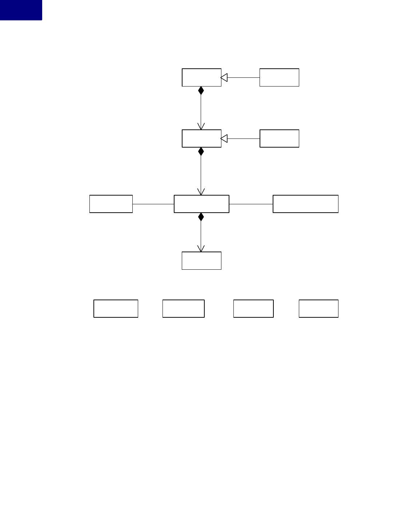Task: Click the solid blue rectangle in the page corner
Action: click(x=21, y=10)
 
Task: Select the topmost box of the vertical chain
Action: click(x=201, y=77)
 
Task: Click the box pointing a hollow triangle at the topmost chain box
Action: click(x=279, y=77)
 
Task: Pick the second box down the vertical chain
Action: click(x=201, y=138)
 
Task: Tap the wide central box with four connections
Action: click(x=201, y=204)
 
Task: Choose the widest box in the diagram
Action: click(x=305, y=204)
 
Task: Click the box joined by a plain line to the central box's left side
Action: click(x=111, y=204)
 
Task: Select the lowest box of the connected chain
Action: click(x=201, y=261)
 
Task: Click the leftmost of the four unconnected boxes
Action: click(x=116, y=309)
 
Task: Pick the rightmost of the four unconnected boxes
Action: click(x=318, y=309)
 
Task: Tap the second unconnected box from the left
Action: click(x=183, y=309)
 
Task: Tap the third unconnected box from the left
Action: click(x=253, y=309)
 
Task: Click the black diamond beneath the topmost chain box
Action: click(x=201, y=91)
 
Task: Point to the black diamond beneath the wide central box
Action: click(x=201, y=217)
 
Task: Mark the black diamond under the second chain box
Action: click(x=201, y=152)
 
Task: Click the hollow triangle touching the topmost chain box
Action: click(x=224, y=77)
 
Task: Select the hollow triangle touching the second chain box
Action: click(x=224, y=138)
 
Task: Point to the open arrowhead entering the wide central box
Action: click(x=201, y=192)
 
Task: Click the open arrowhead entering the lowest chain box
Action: click(x=201, y=249)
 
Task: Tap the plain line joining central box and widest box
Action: click(x=251, y=204)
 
